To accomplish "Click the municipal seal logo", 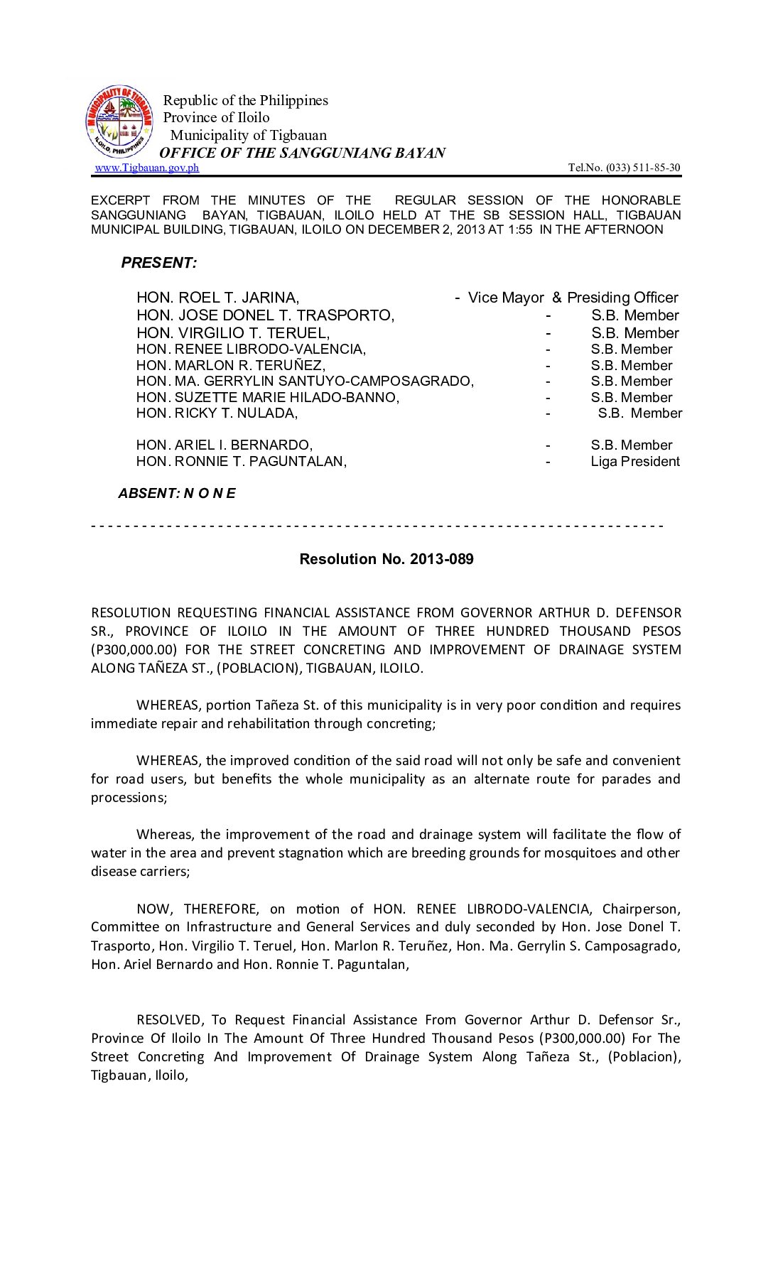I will pyautogui.click(x=119, y=122).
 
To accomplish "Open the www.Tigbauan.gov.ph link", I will pyautogui.click(x=147, y=168).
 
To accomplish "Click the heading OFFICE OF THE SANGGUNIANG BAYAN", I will pyautogui.click(x=303, y=153).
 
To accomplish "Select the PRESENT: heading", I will pyautogui.click(x=159, y=263).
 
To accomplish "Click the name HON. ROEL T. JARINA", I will pyautogui.click(x=217, y=298).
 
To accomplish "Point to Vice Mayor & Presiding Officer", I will pyautogui.click(x=572, y=298).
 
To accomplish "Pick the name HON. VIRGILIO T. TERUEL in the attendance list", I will pyautogui.click(x=233, y=333).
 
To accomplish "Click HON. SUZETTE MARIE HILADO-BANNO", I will pyautogui.click(x=268, y=398).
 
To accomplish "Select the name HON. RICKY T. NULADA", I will pyautogui.click(x=217, y=413).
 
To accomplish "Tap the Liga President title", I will pyautogui.click(x=635, y=462).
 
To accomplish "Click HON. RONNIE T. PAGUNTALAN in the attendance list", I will pyautogui.click(x=242, y=462).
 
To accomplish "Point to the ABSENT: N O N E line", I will pyautogui.click(x=177, y=494).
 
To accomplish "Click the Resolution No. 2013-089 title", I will pyautogui.click(x=386, y=559).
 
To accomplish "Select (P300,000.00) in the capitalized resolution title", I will pyautogui.click(x=133, y=649).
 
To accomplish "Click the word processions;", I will pyautogui.click(x=129, y=798).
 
